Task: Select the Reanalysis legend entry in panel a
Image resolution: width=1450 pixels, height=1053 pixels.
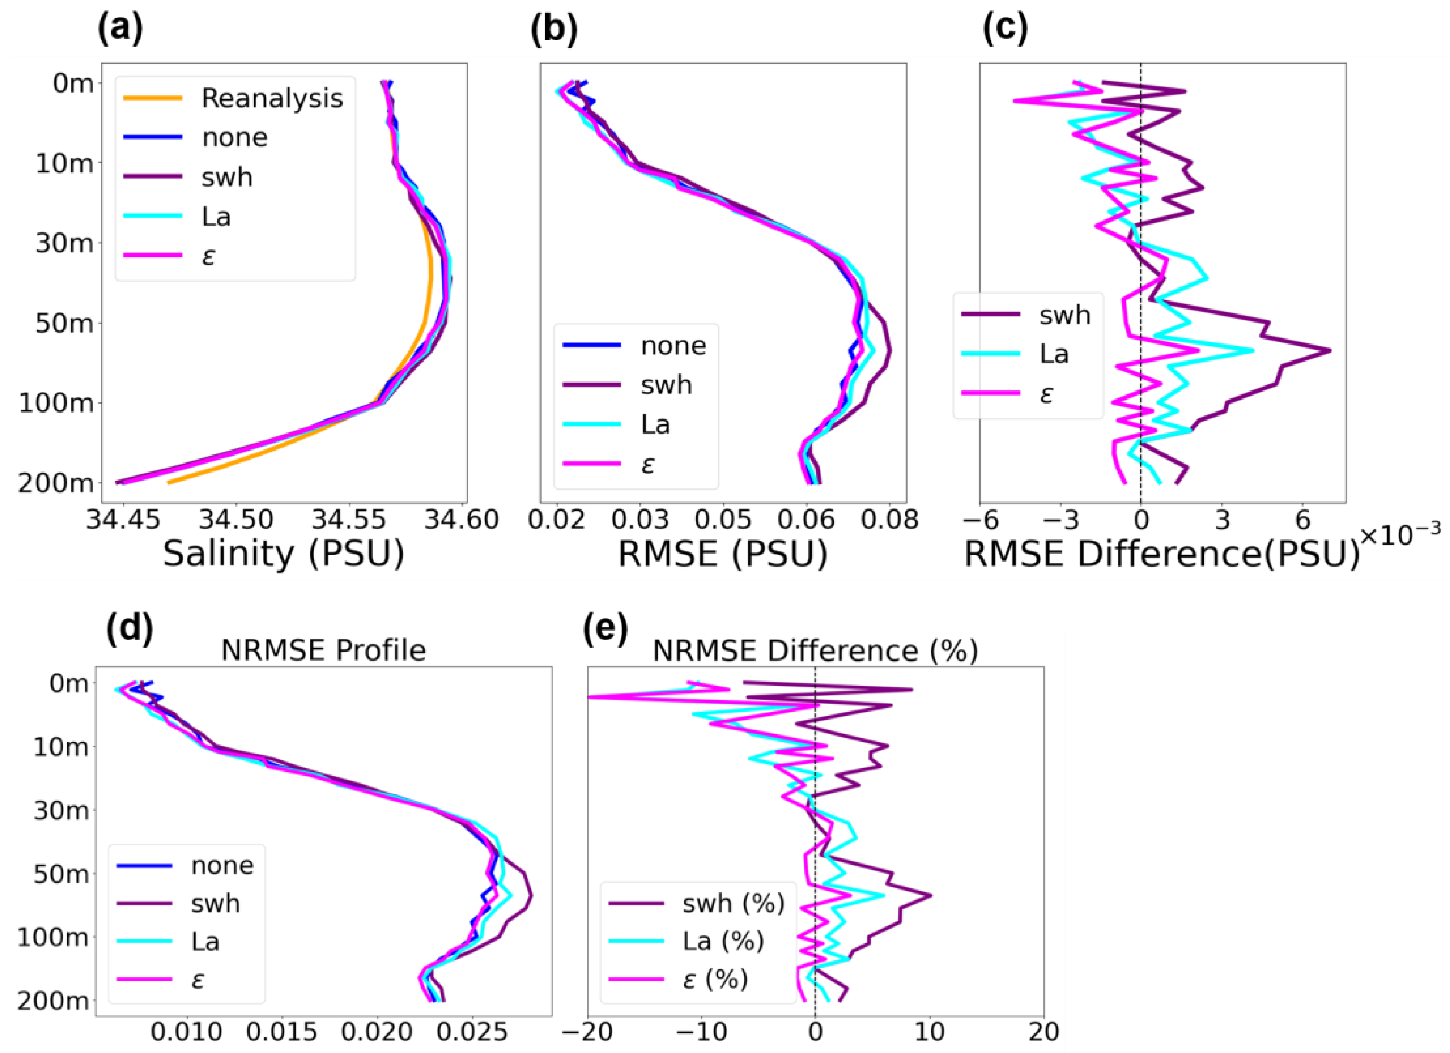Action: coord(272,98)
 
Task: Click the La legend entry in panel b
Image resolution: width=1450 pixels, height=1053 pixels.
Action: coord(655,424)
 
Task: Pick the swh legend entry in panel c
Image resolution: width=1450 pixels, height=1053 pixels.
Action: coord(1064,315)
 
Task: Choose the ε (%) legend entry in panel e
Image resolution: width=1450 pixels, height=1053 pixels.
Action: coord(715,979)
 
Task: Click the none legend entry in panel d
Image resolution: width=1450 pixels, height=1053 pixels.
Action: coord(222,865)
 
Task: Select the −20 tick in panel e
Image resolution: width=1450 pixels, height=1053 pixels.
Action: coord(588,1031)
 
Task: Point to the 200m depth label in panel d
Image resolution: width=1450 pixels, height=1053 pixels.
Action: coord(53,1001)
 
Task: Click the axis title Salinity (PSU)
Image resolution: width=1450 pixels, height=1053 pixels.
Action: coord(283,554)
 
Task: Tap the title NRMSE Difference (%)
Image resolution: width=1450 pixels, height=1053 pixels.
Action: coord(815,651)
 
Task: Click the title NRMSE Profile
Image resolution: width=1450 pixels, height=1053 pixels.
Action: coord(323,651)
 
